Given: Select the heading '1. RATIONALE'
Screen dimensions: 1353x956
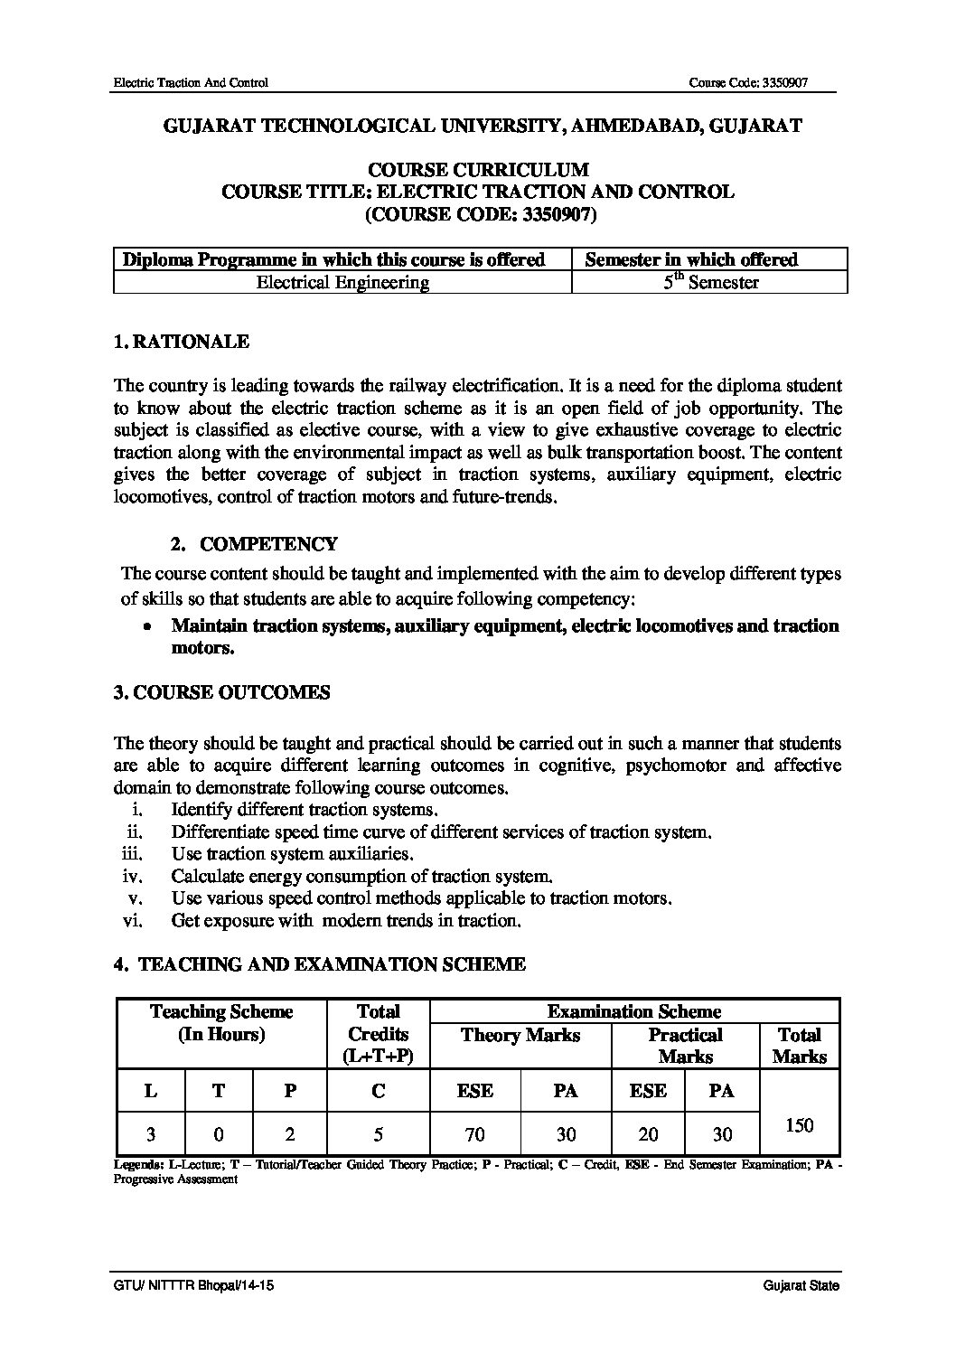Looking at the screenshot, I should (182, 342).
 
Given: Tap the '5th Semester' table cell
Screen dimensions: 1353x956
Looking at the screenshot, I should (710, 282).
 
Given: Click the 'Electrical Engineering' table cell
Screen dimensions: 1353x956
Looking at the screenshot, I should (342, 282).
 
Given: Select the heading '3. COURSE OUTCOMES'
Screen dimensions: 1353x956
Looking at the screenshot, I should (221, 692).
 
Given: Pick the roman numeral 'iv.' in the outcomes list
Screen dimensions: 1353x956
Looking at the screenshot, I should (134, 876).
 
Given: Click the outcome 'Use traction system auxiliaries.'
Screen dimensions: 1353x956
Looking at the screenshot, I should (293, 854).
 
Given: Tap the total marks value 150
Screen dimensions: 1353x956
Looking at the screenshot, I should (800, 1125).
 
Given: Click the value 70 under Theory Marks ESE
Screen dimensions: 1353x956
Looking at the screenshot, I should (475, 1133).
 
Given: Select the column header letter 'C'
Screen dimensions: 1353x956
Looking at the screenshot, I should (379, 1091).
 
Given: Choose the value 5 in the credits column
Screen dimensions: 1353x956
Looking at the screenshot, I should (379, 1133).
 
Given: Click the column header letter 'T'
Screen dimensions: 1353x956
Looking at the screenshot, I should (220, 1091).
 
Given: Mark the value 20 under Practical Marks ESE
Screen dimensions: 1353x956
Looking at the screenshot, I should (648, 1133).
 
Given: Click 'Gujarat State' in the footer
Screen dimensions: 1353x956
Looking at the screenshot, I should (801, 1285).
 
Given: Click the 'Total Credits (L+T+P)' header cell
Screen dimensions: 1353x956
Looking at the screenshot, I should (379, 1034).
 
